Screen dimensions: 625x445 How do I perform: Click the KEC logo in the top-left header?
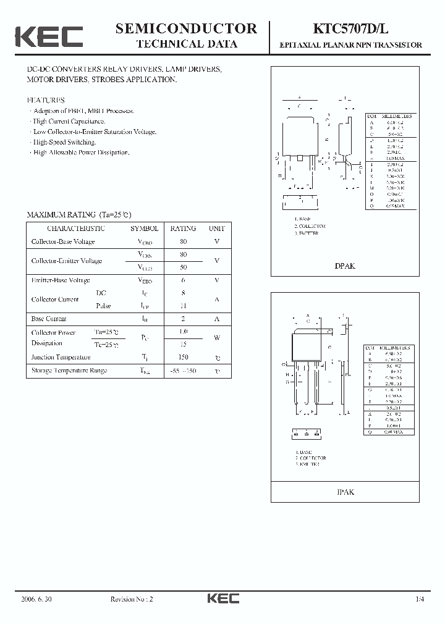pyautogui.click(x=48, y=36)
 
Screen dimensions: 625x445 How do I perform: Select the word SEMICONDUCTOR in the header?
pyautogui.click(x=186, y=28)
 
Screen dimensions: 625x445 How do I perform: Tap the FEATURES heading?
pyautogui.click(x=45, y=99)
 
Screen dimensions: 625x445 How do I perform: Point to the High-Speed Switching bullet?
pyautogui.click(x=64, y=142)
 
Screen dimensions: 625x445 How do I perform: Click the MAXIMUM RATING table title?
pyautogui.click(x=79, y=214)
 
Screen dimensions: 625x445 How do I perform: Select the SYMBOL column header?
pyautogui.click(x=144, y=229)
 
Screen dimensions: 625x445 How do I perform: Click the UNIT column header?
pyautogui.click(x=216, y=229)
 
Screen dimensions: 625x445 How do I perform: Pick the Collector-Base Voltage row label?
pyautogui.click(x=63, y=242)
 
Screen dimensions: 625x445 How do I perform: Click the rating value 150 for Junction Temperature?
pyautogui.click(x=183, y=357)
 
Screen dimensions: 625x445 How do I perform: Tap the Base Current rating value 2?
pyautogui.click(x=183, y=319)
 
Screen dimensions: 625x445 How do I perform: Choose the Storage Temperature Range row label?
pyautogui.click(x=69, y=371)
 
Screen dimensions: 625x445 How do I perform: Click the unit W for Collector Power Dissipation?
pyautogui.click(x=216, y=338)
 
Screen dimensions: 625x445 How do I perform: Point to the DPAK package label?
pyautogui.click(x=345, y=266)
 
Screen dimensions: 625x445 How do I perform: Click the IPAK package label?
pyautogui.click(x=345, y=492)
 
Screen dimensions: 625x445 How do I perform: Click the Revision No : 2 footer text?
pyautogui.click(x=131, y=598)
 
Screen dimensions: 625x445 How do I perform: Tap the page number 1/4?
pyautogui.click(x=420, y=598)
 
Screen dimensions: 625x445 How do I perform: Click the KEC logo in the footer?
pyautogui.click(x=222, y=598)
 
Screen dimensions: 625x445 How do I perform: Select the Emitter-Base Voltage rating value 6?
pyautogui.click(x=183, y=280)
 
